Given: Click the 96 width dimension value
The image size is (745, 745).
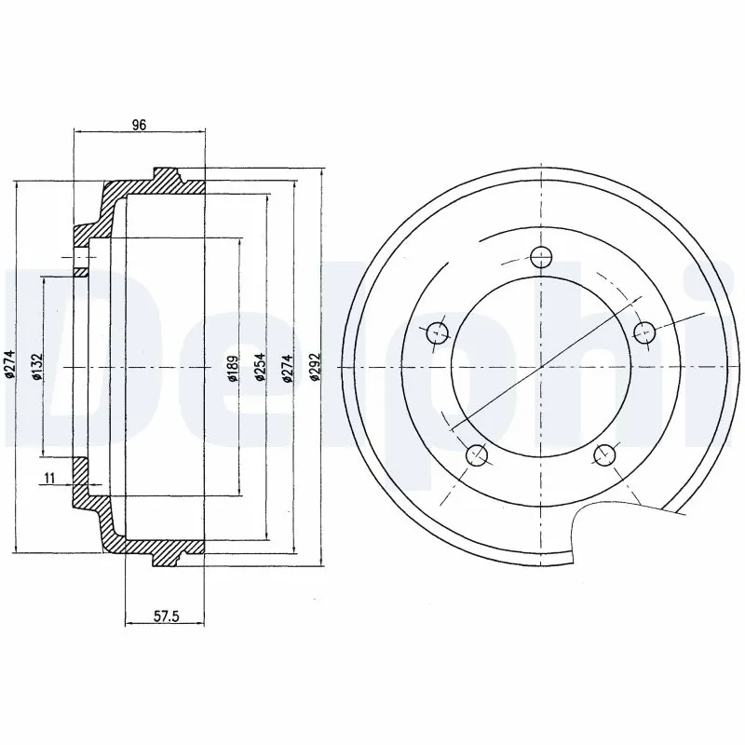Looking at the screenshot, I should pyautogui.click(x=139, y=125).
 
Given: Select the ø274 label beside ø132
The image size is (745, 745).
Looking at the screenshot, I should pyautogui.click(x=10, y=368).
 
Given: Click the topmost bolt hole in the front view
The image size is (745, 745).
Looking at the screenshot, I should pyautogui.click(x=539, y=257).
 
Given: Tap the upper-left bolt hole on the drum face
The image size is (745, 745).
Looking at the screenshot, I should pyautogui.click(x=436, y=331).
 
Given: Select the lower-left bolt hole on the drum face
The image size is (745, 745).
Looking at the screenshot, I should pyautogui.click(x=476, y=454).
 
